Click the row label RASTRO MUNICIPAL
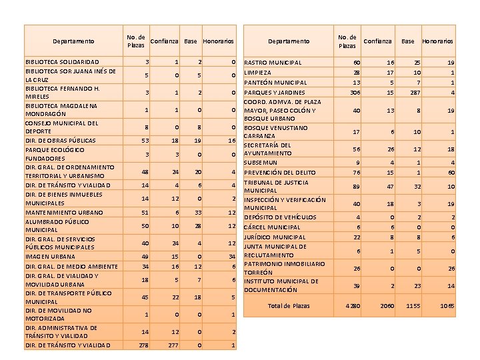point(273,63)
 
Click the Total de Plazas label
point(289,306)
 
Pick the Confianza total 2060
point(378,306)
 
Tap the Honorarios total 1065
point(447,306)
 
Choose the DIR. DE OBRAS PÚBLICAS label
point(60,141)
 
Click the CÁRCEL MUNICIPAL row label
point(273,227)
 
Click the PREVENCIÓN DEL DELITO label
point(280,173)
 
